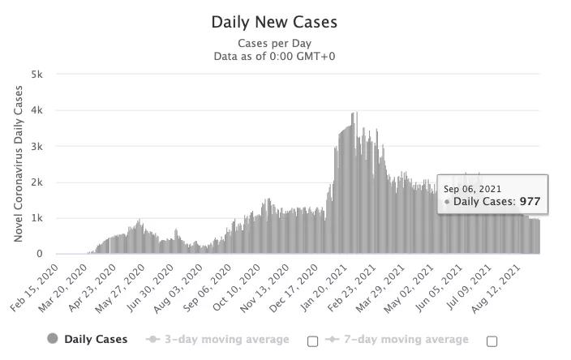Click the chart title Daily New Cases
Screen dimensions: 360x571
[274, 22]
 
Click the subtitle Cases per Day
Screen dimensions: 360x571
[274, 43]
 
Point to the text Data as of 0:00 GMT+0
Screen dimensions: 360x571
[274, 56]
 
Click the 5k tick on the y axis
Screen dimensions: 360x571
[37, 74]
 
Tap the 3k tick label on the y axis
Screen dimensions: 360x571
[37, 146]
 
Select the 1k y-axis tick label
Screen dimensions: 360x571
[37, 218]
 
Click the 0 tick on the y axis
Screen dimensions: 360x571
[40, 254]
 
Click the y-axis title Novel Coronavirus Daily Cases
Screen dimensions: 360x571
[18, 165]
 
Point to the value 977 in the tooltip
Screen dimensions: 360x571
[530, 202]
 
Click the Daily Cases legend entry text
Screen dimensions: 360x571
[96, 340]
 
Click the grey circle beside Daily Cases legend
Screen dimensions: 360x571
[54, 340]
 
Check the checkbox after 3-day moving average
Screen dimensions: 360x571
[312, 341]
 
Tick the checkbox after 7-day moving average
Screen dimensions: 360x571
[492, 341]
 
